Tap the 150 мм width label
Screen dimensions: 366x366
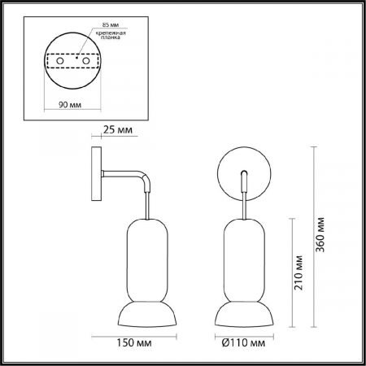point(133,343)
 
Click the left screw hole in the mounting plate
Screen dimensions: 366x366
point(60,61)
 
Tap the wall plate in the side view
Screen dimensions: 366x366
point(96,174)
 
